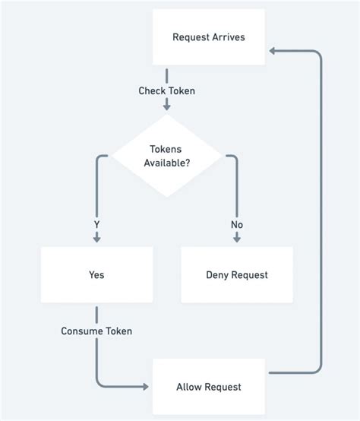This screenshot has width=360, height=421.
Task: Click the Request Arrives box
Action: click(x=208, y=37)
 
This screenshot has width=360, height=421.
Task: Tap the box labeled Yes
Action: click(x=96, y=274)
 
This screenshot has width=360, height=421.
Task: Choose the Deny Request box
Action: click(x=236, y=274)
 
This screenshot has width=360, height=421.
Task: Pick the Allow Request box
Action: click(x=208, y=387)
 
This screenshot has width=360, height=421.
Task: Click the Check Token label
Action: click(x=166, y=91)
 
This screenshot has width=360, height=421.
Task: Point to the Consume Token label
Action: click(x=96, y=331)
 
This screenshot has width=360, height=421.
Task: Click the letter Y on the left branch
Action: click(x=96, y=225)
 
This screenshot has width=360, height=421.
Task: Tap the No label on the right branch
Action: click(x=237, y=225)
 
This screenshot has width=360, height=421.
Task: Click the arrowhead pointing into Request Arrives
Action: click(x=271, y=51)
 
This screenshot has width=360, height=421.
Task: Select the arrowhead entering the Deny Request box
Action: click(x=237, y=238)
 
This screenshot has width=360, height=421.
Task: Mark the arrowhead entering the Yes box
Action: click(x=96, y=238)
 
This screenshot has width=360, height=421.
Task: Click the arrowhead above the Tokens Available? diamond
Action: click(x=166, y=107)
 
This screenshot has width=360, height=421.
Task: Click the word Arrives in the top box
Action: click(x=228, y=37)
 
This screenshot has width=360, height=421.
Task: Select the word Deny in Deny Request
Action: click(x=219, y=274)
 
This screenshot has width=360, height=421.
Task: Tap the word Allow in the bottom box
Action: click(x=189, y=387)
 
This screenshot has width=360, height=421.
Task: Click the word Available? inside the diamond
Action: click(x=167, y=163)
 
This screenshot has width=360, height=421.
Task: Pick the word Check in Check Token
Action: click(x=152, y=91)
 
